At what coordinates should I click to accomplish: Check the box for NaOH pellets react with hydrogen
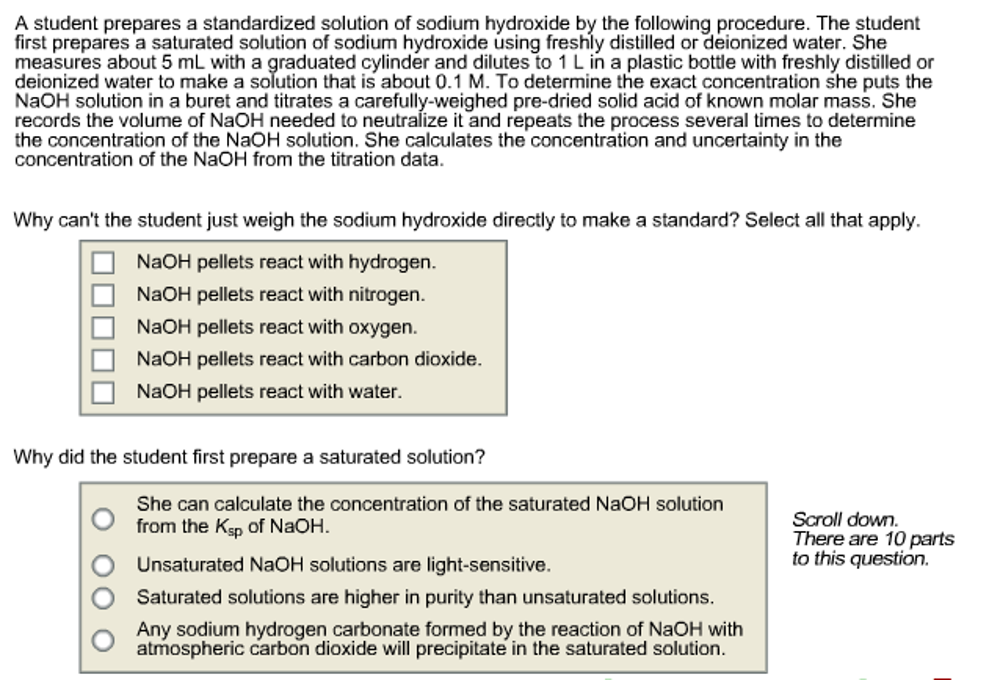pos(103,263)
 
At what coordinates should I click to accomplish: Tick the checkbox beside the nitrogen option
pos(103,295)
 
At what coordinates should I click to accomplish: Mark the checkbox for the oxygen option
pos(103,328)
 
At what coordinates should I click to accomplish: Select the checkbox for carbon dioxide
pos(103,360)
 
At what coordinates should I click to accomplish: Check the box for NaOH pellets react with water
pos(103,392)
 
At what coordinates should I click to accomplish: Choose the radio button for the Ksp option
pos(103,519)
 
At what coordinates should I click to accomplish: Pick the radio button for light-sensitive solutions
pos(103,565)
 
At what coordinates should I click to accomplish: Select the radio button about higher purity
pos(103,598)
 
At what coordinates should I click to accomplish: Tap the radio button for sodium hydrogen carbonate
pos(103,640)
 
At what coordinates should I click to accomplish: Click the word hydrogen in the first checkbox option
pos(392,262)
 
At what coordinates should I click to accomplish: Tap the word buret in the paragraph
pos(209,101)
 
